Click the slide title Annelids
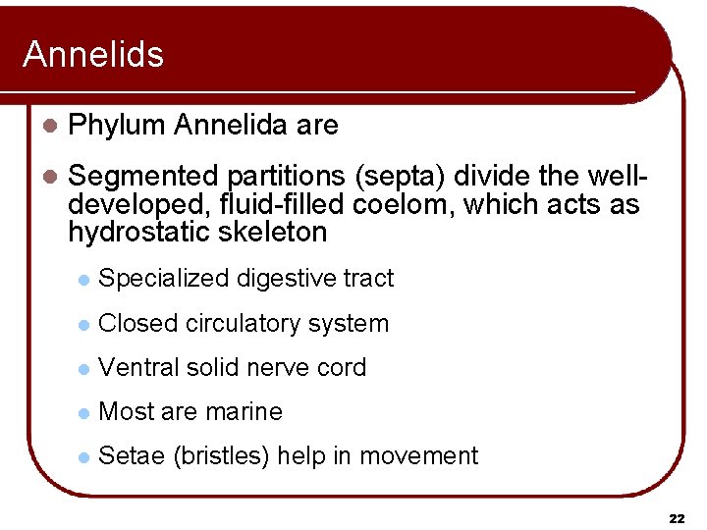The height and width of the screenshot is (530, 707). pos(93,55)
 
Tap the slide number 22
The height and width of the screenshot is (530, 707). pos(677,517)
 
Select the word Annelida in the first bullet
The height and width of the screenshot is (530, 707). pos(230,126)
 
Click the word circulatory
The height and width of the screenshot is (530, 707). pos(243,323)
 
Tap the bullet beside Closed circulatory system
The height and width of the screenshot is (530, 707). pos(83,324)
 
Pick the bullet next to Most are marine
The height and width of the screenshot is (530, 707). pos(83,412)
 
